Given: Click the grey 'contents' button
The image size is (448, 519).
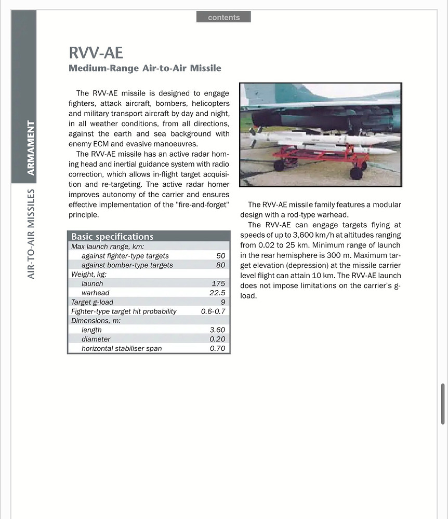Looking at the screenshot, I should [x=223, y=17].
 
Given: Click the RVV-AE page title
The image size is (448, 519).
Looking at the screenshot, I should [x=96, y=53].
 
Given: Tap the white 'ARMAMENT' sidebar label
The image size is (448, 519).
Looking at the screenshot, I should [x=31, y=148].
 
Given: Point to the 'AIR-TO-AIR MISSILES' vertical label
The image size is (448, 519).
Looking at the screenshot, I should [x=31, y=234].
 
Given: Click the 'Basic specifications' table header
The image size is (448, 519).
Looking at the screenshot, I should [x=112, y=237].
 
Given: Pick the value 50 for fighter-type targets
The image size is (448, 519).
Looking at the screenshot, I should [x=220, y=256].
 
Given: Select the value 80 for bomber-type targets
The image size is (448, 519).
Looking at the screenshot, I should [x=220, y=265].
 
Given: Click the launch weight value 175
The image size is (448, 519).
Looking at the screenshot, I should [x=218, y=283].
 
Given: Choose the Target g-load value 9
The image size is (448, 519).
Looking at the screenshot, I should [x=222, y=302].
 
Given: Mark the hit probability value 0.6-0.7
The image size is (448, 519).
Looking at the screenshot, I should [x=213, y=311].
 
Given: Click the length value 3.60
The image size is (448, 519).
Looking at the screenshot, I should [x=217, y=330].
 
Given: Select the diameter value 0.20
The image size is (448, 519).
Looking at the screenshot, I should [x=217, y=339].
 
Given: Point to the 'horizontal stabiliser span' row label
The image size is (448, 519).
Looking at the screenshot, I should [x=122, y=349].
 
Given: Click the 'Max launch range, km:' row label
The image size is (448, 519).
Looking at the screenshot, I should [x=108, y=247].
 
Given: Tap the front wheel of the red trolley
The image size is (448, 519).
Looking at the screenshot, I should [x=356, y=173].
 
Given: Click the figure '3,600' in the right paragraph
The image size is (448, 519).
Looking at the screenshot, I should [x=297, y=235].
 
